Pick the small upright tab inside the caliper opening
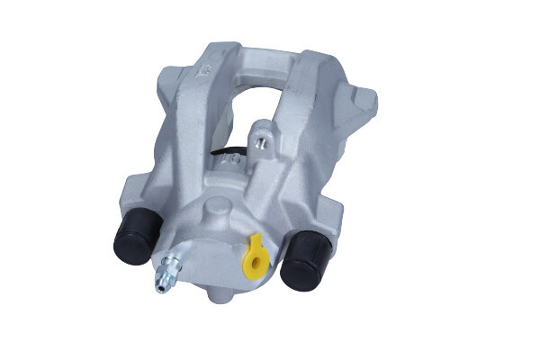261,135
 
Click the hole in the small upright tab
262,141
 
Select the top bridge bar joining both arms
256,56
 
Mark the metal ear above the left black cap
135,191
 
